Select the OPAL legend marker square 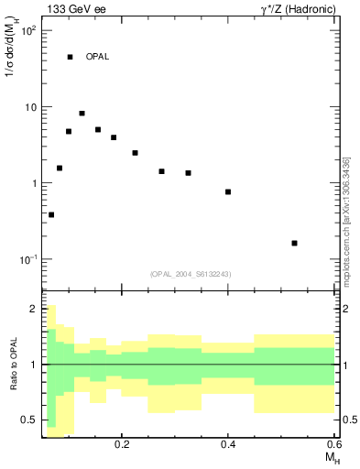70,57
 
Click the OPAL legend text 97,57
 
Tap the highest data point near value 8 82,114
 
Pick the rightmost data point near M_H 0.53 294,243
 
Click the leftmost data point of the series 51,214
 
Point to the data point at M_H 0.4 228,191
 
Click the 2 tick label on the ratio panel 33,309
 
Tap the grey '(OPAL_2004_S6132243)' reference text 190,274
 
